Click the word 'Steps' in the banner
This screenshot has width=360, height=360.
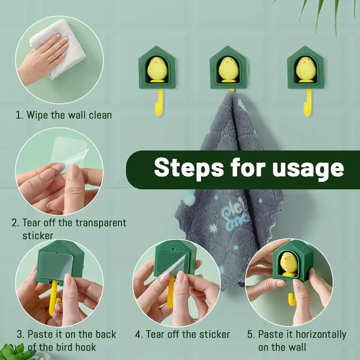tap(189, 168)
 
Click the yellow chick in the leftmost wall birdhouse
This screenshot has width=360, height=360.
tap(157, 69)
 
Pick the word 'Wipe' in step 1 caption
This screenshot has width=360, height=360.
tap(37, 115)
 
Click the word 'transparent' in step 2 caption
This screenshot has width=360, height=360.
tap(101, 223)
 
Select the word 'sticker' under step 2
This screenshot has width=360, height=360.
tap(38, 235)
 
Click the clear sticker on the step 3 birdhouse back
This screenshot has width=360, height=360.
tap(55, 266)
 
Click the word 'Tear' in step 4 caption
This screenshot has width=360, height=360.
tap(155, 334)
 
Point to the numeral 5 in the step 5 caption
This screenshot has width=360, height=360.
tap(250, 334)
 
